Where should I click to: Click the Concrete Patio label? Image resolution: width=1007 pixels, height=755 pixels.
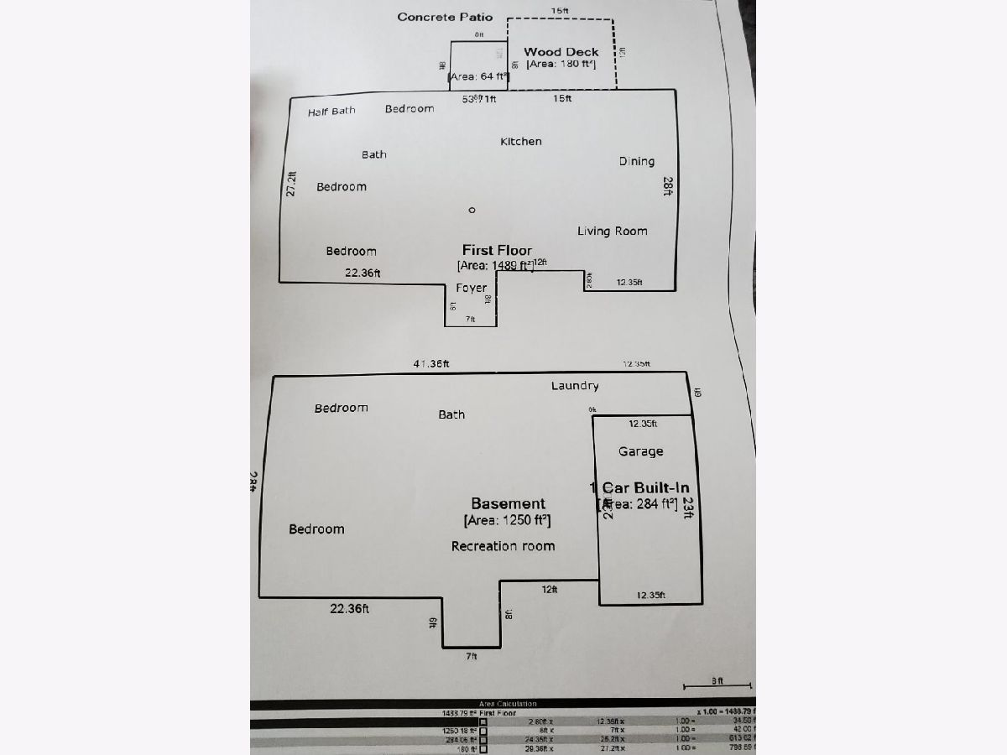[445, 17]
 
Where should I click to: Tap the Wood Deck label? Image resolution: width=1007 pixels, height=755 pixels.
[561, 52]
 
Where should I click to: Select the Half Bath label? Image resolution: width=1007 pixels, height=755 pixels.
[331, 111]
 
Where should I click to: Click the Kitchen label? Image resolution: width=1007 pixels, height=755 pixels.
[521, 142]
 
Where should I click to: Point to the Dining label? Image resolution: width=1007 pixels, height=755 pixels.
[637, 161]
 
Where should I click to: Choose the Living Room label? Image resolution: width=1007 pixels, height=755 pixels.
[613, 231]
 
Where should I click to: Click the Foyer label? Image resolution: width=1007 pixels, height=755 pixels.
[472, 288]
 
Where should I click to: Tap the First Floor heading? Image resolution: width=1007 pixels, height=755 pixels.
[497, 250]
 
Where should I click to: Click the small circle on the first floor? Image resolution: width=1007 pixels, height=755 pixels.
[472, 210]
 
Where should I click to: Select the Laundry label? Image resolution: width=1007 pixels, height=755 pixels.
[575, 386]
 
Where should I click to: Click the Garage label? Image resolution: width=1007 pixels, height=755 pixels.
[641, 451]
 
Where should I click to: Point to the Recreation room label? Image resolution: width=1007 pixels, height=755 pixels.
[503, 546]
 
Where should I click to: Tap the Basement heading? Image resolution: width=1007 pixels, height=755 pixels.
[508, 503]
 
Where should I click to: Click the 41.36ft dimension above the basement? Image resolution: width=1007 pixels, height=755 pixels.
[430, 364]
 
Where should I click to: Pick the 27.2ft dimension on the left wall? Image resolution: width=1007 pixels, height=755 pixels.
[291, 185]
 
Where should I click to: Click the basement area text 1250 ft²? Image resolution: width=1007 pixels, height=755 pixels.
[507, 521]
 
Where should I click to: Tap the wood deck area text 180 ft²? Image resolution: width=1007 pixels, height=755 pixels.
[561, 64]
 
